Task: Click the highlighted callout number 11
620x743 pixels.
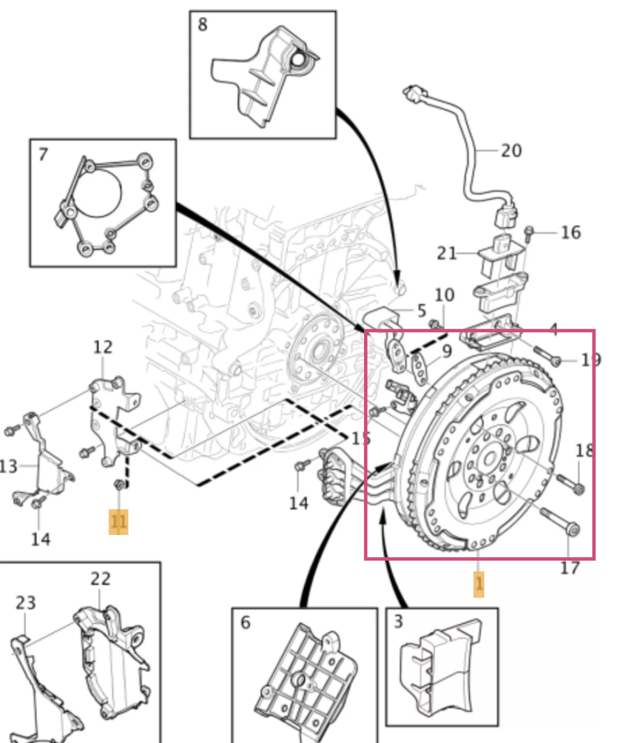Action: (x=118, y=522)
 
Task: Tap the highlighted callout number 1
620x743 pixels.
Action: (x=479, y=584)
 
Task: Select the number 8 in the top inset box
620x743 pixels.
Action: (x=202, y=24)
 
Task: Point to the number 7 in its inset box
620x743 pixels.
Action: (x=43, y=155)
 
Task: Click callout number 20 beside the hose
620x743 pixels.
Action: (x=512, y=150)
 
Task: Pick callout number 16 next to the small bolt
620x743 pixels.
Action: (x=571, y=232)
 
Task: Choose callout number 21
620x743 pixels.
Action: (x=447, y=253)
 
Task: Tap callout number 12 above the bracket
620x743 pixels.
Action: (x=103, y=347)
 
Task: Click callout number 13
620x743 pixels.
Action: (x=8, y=466)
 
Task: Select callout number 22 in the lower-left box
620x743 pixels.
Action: (x=101, y=579)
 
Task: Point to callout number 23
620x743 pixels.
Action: (x=26, y=603)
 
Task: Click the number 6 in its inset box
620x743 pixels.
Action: (x=246, y=622)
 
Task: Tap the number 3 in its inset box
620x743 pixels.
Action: (x=398, y=621)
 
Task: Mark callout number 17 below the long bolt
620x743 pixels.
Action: (x=570, y=567)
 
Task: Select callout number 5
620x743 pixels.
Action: (x=421, y=310)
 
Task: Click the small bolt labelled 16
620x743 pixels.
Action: (x=529, y=233)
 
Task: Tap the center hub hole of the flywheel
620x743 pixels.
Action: (x=490, y=458)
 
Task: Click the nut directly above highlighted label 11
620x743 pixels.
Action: (x=119, y=484)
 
